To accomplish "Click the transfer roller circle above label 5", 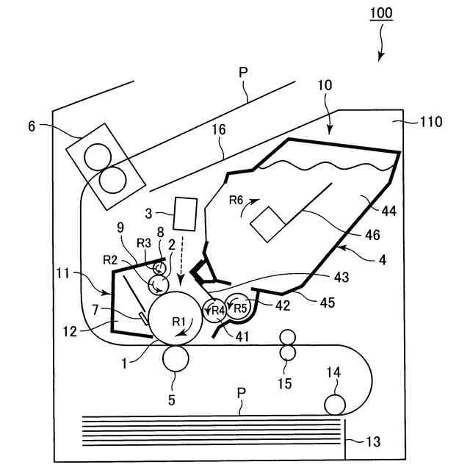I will (176, 359).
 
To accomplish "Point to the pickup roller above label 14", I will (336, 405).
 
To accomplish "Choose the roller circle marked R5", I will (238, 306).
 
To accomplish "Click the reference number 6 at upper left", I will (32, 126).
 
